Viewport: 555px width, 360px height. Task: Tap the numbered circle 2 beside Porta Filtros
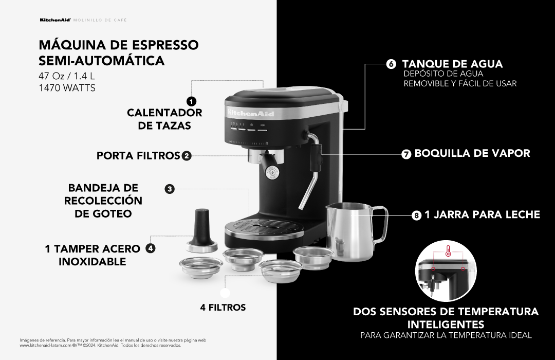point(187,156)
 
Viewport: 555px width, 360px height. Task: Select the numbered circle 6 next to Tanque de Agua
point(391,64)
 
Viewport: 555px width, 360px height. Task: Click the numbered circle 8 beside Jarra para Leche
point(417,215)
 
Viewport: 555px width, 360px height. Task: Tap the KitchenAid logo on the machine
point(251,113)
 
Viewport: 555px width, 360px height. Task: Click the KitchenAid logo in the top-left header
point(55,20)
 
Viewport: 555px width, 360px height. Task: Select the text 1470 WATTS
point(67,87)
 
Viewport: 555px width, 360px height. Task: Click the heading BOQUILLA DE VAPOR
point(472,153)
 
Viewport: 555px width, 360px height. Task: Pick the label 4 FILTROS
point(223,308)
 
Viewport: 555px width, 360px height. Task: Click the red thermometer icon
point(448,251)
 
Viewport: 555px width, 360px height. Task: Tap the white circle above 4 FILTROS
point(225,293)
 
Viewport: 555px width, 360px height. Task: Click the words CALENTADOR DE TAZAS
point(164,119)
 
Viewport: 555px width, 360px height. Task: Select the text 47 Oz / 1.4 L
point(67,76)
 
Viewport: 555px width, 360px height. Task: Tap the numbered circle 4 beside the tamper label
point(151,248)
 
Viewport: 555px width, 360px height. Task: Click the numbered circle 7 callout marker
point(406,154)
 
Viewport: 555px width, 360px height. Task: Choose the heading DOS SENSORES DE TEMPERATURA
point(446,312)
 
